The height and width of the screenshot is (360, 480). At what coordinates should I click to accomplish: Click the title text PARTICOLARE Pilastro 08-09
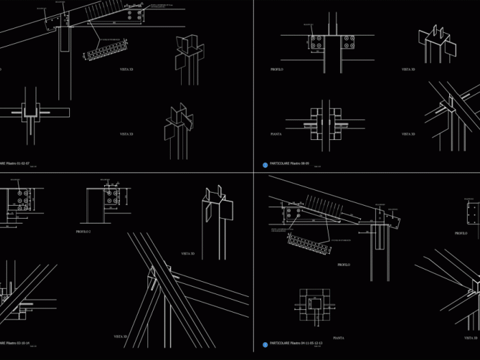tap(289, 164)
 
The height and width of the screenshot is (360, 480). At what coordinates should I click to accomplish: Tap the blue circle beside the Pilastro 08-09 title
tap(265, 165)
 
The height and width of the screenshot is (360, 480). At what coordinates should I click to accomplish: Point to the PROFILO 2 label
tap(84, 232)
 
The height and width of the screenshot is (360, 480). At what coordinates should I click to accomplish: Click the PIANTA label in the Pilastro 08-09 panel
tap(276, 134)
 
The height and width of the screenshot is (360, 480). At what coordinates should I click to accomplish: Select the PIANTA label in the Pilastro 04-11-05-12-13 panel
tap(338, 338)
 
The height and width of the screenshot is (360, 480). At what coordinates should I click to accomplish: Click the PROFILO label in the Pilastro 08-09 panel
tap(277, 69)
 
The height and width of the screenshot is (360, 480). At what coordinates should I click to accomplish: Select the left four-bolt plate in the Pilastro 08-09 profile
tap(316, 43)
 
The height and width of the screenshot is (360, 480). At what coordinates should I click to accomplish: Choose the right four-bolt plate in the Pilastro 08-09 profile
tap(348, 43)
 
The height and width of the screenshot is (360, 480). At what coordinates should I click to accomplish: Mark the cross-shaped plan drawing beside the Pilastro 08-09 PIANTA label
tap(324, 123)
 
